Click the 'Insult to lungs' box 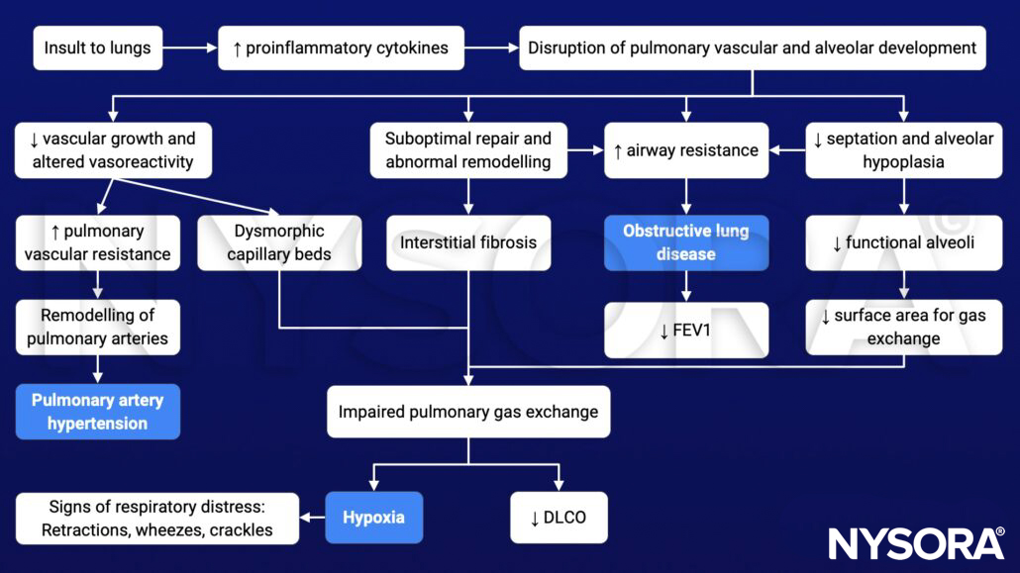pyautogui.click(x=98, y=48)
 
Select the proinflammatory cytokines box pyautogui.click(x=341, y=48)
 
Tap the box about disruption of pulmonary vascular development pyautogui.click(x=752, y=48)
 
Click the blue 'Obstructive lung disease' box pyautogui.click(x=685, y=242)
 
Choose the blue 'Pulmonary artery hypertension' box pyautogui.click(x=97, y=412)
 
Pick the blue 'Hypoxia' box pyautogui.click(x=373, y=518)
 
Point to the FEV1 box pyautogui.click(x=685, y=330)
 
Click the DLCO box pyautogui.click(x=558, y=518)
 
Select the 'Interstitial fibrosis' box pyautogui.click(x=468, y=242)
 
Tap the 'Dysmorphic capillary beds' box pyautogui.click(x=264, y=242)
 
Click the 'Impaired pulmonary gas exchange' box pyautogui.click(x=468, y=411)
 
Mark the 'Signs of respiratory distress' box pyautogui.click(x=157, y=518)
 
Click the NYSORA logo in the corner pyautogui.click(x=916, y=543)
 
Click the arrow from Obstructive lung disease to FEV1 pyautogui.click(x=685, y=286)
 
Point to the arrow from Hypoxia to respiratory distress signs pyautogui.click(x=312, y=518)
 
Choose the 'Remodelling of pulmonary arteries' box pyautogui.click(x=97, y=327)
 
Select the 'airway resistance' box pyautogui.click(x=685, y=150)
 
